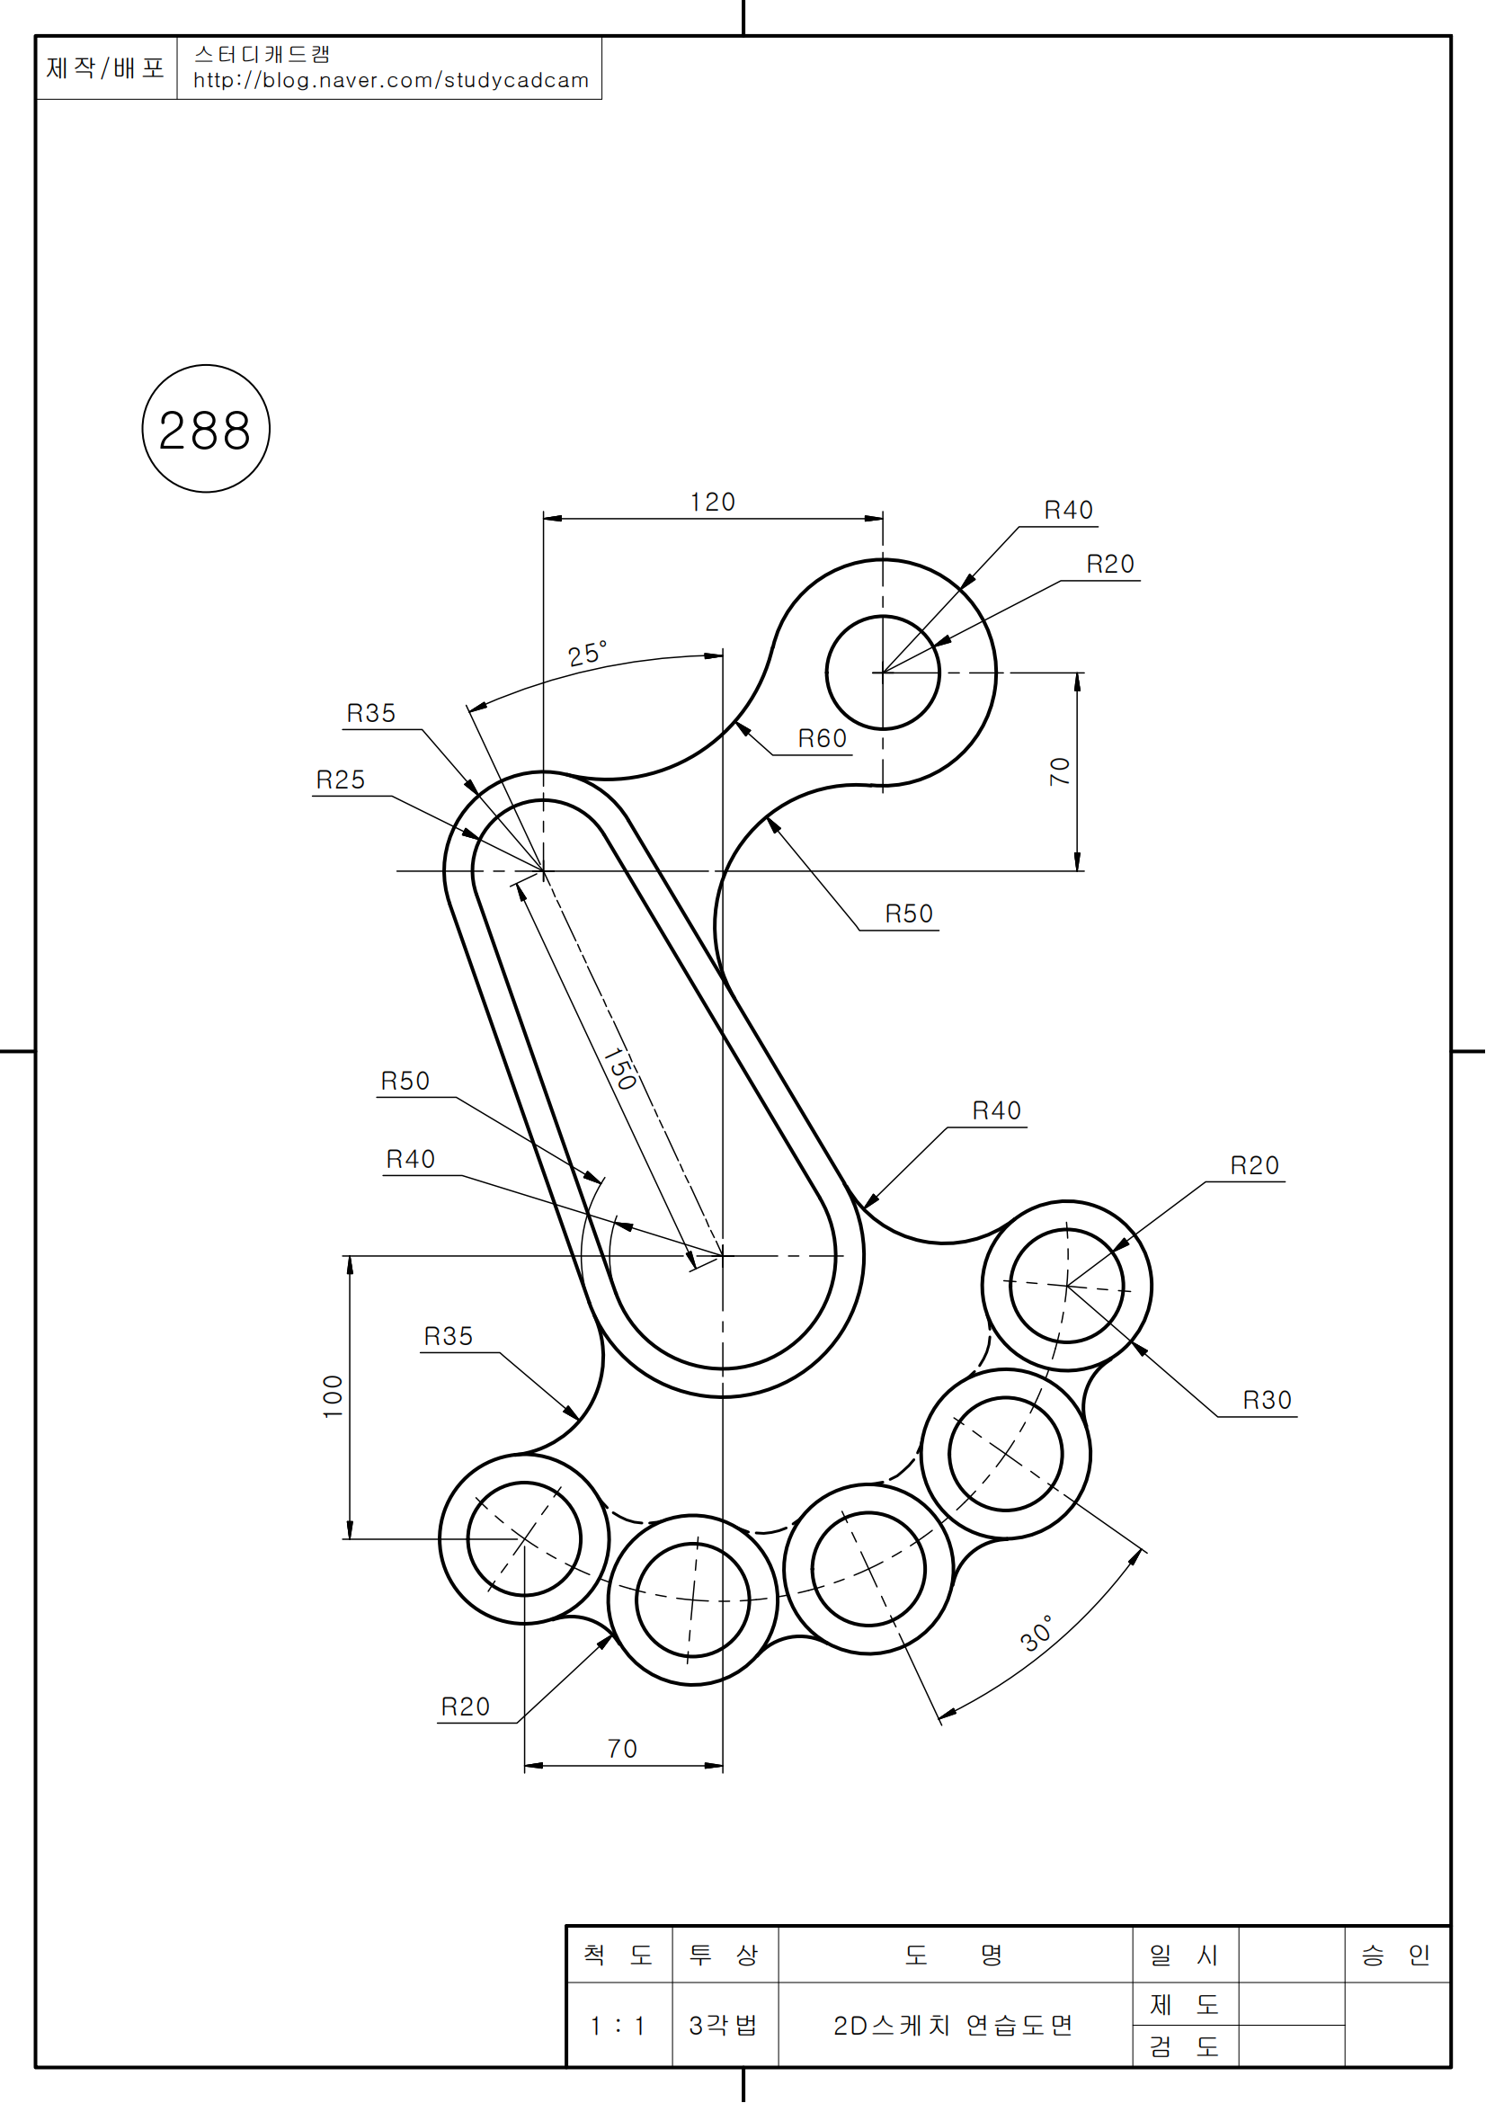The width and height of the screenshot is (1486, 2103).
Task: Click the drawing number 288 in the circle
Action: [x=205, y=430]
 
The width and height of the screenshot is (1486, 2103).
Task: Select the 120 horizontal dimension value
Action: [x=712, y=502]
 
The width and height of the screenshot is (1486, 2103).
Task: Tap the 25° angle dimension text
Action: [x=587, y=653]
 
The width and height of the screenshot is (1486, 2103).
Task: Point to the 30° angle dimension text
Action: [x=1037, y=1633]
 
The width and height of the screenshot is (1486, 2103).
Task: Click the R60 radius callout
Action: [x=823, y=738]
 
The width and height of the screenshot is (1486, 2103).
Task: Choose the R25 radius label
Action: [x=341, y=780]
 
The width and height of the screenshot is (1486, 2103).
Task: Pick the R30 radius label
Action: [x=1268, y=1400]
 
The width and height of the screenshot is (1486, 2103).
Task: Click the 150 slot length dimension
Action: [x=620, y=1068]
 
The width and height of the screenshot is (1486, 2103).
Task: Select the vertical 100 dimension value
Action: [x=333, y=1396]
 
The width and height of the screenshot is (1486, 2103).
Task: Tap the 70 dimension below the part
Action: [x=623, y=1749]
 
